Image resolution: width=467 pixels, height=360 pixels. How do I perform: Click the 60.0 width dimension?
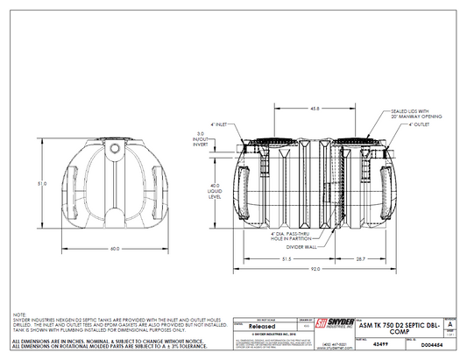point(114,249)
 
